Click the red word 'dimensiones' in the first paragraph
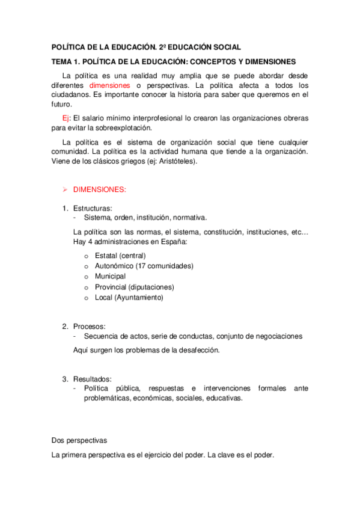pyautogui.click(x=109, y=85)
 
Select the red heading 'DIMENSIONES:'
pyautogui.click(x=100, y=189)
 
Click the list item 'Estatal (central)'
pyautogui.click(x=120, y=255)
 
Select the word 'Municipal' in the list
pyautogui.click(x=110, y=276)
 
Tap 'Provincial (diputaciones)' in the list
pyautogui.click(x=134, y=287)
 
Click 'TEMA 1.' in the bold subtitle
pyautogui.click(x=65, y=62)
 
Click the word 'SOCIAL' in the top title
pyautogui.click(x=226, y=46)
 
